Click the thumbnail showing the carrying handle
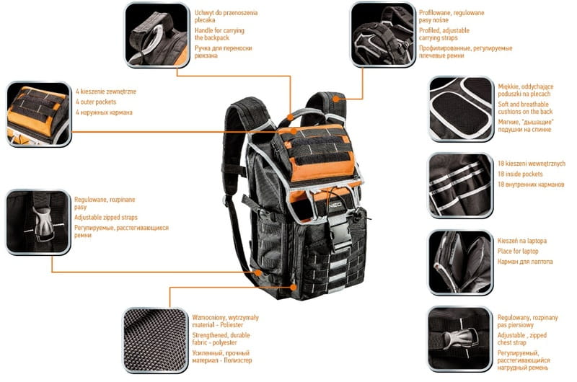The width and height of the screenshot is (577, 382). (157, 35)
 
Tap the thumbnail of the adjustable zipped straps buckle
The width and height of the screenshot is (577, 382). (38, 222)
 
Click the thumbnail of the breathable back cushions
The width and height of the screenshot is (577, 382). (461, 108)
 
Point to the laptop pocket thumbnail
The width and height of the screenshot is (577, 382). (460, 261)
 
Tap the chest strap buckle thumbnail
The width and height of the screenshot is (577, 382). (460, 338)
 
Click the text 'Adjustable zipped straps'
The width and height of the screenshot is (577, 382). (106, 217)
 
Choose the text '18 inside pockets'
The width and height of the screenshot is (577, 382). (522, 174)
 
